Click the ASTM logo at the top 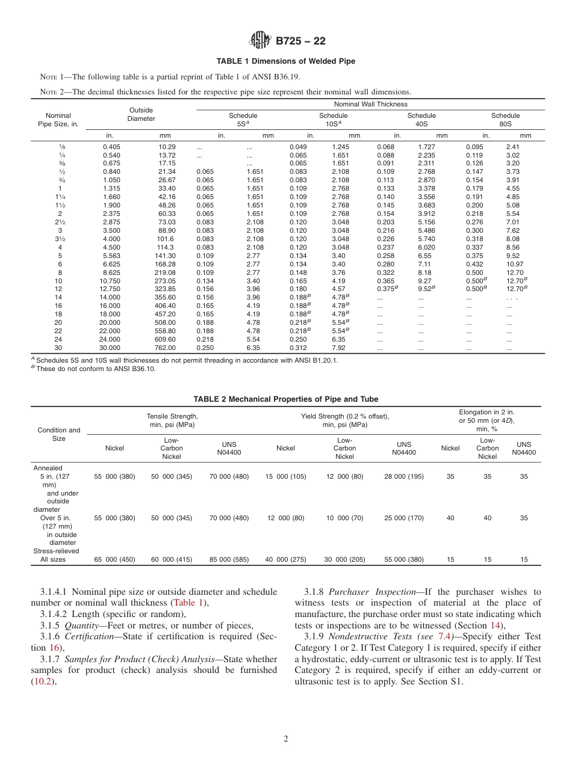[x=260, y=41]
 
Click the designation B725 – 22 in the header [x=300, y=41]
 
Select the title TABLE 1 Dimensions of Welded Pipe [x=286, y=61]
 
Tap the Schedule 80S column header [x=505, y=119]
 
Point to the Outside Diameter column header [x=141, y=114]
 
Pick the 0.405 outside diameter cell [x=111, y=147]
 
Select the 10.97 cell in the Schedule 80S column [x=515, y=263]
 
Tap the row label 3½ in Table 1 [x=60, y=239]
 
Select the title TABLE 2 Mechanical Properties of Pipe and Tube [x=286, y=399]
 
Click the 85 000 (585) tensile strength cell [x=229, y=559]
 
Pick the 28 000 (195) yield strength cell [x=404, y=476]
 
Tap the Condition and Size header [x=59, y=434]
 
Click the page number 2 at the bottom [x=286, y=739]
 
